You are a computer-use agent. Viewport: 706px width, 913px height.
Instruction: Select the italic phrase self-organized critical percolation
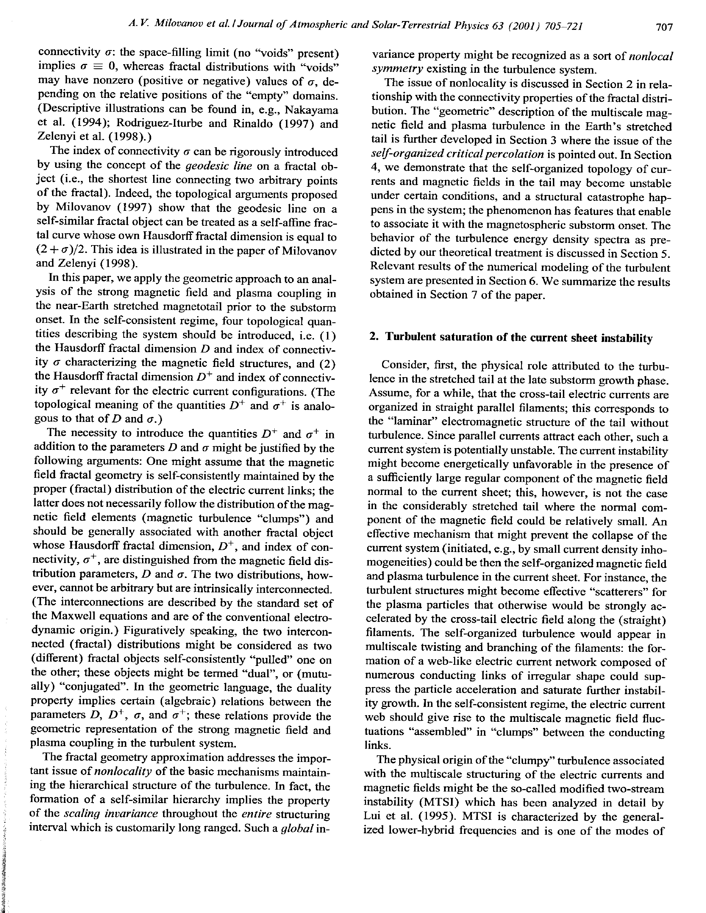458,155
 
